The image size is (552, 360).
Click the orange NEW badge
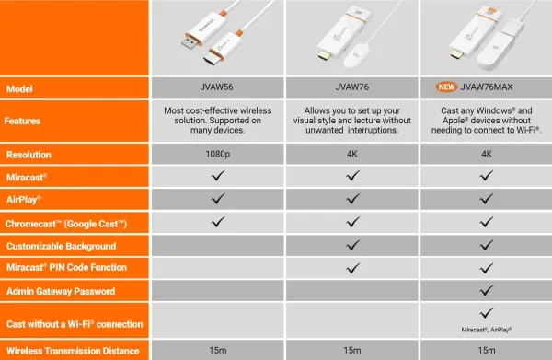click(x=446, y=87)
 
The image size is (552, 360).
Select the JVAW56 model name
click(x=216, y=87)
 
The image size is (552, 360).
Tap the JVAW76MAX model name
click(x=486, y=87)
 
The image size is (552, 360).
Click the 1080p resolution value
click(x=217, y=154)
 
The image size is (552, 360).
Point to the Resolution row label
click(x=29, y=155)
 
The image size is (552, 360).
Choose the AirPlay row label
click(x=24, y=200)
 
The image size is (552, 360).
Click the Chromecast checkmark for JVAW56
click(x=218, y=222)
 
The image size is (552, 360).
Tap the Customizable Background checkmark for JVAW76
click(x=352, y=245)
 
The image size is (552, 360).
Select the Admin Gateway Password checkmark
click(x=486, y=290)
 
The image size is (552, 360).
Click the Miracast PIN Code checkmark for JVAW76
click(x=352, y=269)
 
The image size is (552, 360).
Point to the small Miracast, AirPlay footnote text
click(x=486, y=330)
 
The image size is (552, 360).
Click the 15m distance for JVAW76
click(x=352, y=350)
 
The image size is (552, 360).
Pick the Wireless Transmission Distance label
click(x=73, y=351)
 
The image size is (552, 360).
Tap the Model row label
click(x=19, y=88)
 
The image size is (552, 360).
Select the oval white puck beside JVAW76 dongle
click(x=356, y=55)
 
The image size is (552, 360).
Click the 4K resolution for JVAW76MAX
click(x=487, y=154)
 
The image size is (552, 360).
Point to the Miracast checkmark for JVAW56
click(x=218, y=175)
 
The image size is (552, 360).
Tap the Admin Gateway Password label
click(x=61, y=291)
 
